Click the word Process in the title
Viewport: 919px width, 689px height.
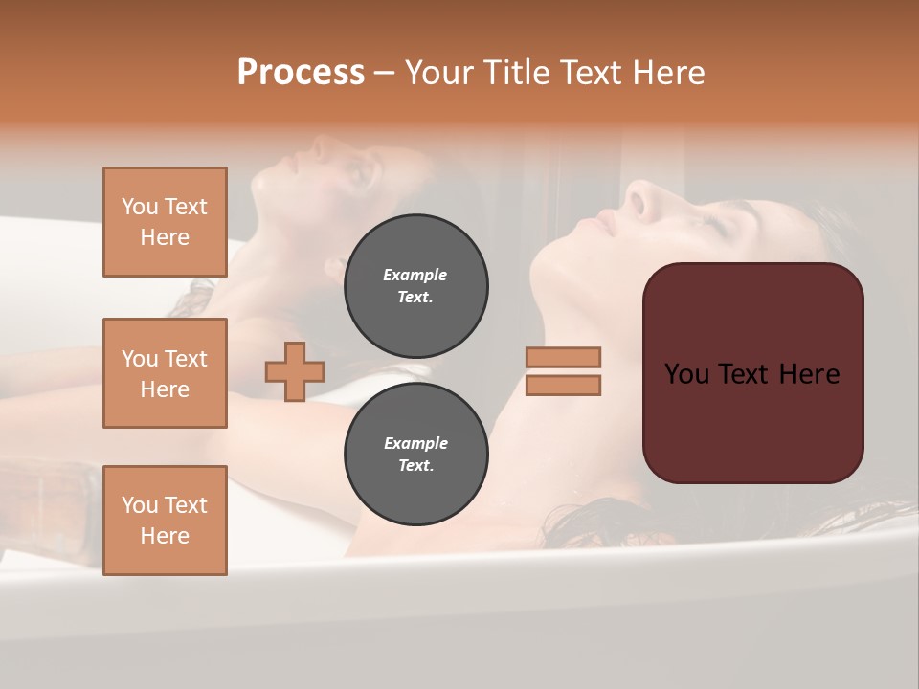301,73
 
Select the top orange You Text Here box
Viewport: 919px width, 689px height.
165,222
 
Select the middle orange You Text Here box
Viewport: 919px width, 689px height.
165,373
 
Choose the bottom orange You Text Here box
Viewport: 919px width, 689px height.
165,521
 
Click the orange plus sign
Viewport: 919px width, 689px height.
295,371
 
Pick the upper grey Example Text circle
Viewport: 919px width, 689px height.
415,285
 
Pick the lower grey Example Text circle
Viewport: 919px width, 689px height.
415,454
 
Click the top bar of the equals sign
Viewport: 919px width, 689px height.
563,357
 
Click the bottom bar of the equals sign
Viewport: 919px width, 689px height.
563,386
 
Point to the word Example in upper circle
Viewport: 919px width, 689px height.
415,275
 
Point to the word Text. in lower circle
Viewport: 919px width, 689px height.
415,465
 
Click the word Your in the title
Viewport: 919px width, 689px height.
439,73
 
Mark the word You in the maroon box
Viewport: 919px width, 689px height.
687,374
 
